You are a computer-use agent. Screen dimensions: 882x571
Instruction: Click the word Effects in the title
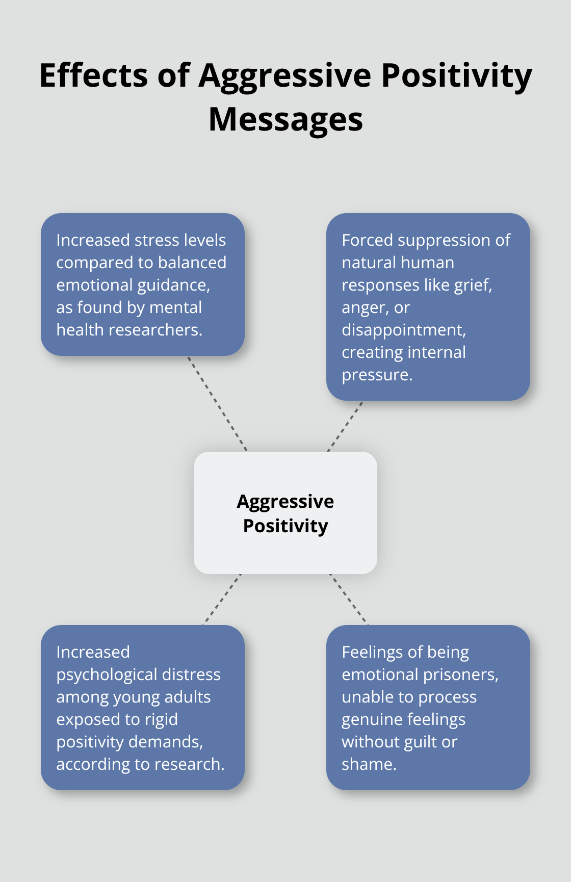94,75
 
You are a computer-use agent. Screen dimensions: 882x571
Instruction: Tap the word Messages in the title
285,120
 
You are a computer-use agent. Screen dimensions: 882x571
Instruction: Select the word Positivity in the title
457,75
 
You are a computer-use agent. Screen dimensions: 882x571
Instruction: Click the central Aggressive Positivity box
285,513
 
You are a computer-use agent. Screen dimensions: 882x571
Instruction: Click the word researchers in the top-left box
158,330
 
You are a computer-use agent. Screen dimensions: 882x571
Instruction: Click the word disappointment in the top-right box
403,330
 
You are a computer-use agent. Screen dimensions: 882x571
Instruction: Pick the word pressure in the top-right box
376,375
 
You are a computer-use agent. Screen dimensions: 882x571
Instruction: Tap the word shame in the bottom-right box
368,764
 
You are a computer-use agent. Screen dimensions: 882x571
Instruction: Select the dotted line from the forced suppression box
345,426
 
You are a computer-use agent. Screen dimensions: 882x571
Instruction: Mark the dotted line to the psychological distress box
222,599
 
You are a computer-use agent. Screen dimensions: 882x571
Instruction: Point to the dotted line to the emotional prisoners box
349,599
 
